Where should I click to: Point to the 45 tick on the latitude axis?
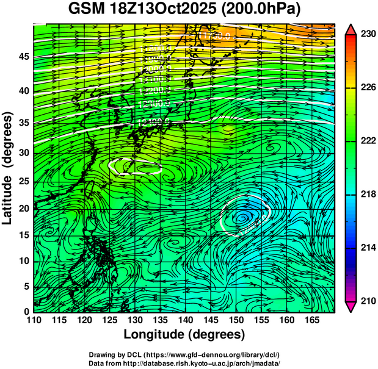[x=22, y=57]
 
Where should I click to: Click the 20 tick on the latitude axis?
[x=22, y=209]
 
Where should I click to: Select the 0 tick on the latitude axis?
[x=25, y=312]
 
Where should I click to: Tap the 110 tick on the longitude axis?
[x=34, y=320]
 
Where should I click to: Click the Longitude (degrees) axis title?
[x=184, y=334]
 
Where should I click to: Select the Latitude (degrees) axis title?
[x=8, y=168]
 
